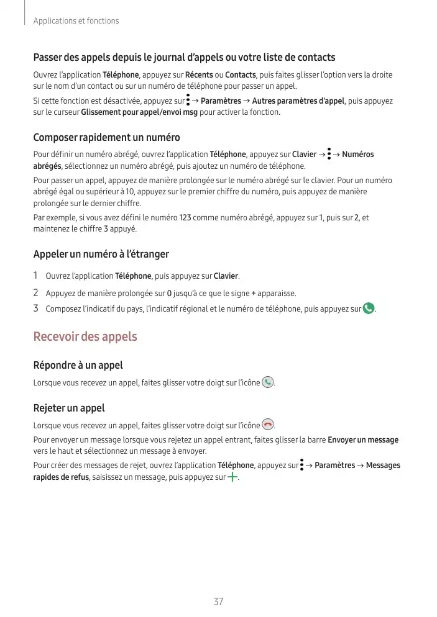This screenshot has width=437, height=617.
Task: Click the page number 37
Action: click(x=218, y=601)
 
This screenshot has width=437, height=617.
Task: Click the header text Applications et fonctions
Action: click(x=76, y=21)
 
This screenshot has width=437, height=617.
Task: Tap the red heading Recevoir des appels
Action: click(x=85, y=337)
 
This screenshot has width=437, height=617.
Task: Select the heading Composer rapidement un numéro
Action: click(x=106, y=137)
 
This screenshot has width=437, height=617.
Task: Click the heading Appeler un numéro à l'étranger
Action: click(x=101, y=254)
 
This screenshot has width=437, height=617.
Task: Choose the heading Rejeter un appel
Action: click(x=68, y=408)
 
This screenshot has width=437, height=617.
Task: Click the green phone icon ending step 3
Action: click(x=369, y=308)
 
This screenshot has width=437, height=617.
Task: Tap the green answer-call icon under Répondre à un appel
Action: click(x=268, y=382)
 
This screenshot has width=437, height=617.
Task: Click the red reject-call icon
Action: click(x=268, y=425)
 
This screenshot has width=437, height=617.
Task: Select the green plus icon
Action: click(x=233, y=477)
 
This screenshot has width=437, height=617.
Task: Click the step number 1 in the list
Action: click(x=35, y=276)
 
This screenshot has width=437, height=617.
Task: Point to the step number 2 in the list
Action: click(x=36, y=292)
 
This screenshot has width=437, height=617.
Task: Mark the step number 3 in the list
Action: click(x=36, y=308)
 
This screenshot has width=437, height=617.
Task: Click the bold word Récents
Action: click(x=199, y=75)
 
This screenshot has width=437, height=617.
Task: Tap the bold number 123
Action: click(x=186, y=218)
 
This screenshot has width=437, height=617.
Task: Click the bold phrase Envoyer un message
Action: click(x=363, y=440)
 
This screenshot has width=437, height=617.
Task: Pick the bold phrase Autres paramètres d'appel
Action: click(x=298, y=101)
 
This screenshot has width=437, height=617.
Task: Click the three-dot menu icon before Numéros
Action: click(x=329, y=154)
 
